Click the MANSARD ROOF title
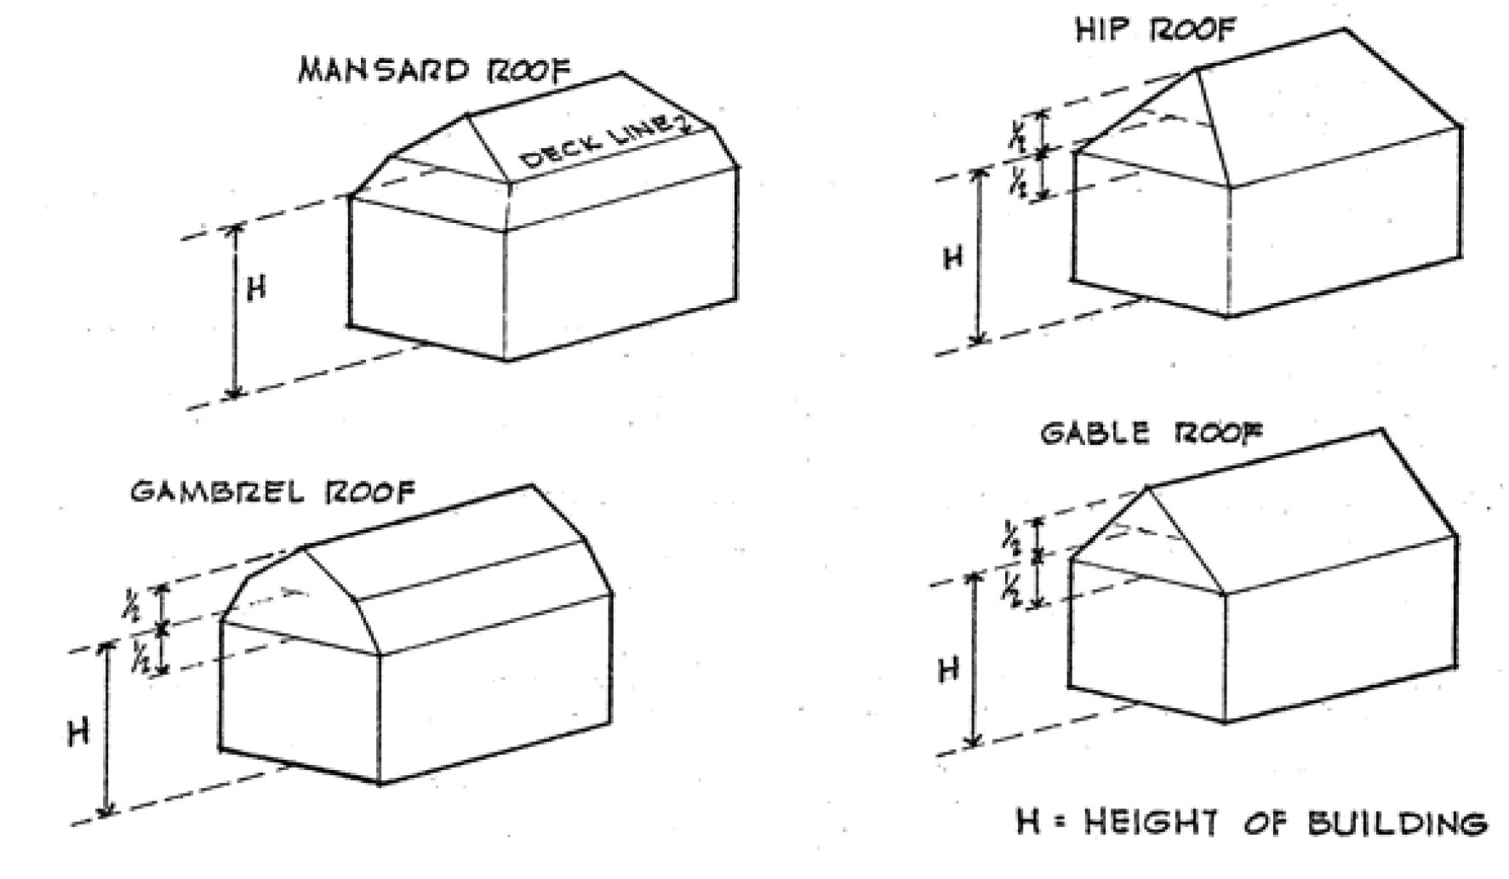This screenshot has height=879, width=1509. point(434,70)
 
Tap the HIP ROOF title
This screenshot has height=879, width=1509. point(1154,31)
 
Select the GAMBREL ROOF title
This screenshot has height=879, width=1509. point(272,492)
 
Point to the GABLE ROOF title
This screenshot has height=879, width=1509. point(1151,434)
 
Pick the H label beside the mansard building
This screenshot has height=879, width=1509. point(255,289)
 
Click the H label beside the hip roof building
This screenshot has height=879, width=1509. point(953,257)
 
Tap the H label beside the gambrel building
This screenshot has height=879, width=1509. point(78,732)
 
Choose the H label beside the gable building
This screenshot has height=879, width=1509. point(949,670)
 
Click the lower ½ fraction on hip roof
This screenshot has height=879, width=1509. point(1018,181)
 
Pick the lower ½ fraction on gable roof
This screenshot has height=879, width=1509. point(1012,587)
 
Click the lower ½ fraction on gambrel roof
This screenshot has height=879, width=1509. point(139,657)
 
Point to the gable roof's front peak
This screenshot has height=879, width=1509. point(1148,488)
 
